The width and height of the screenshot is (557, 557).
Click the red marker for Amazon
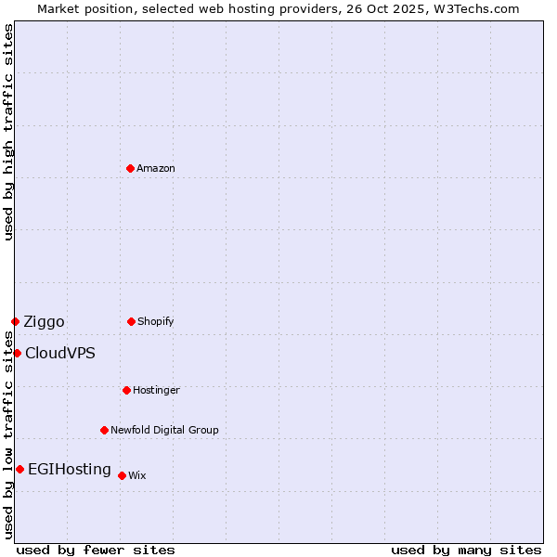point(130,168)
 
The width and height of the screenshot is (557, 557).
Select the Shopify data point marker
point(131,321)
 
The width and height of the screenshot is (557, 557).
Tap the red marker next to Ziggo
point(15,321)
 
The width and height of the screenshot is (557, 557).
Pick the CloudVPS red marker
point(17,353)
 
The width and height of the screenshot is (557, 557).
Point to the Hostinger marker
point(126,390)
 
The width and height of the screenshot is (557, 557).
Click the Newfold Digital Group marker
point(104,430)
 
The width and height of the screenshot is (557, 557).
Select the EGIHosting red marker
point(19,469)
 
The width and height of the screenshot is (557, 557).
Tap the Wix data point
point(122,475)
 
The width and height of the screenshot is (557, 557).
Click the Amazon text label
point(155,168)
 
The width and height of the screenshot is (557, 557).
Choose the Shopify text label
point(155,321)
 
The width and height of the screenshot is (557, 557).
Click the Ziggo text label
point(44,321)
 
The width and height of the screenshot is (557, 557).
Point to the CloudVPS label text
point(59,353)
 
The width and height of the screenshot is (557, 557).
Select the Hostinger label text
point(156,390)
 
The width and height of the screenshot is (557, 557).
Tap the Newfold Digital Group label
point(164,430)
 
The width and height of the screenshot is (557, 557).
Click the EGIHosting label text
point(69,469)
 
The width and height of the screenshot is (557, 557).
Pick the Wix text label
point(136,475)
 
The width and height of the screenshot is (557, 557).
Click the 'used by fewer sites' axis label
point(95,550)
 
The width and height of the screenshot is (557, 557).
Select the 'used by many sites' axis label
point(466,550)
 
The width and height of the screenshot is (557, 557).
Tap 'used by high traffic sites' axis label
point(8,132)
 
